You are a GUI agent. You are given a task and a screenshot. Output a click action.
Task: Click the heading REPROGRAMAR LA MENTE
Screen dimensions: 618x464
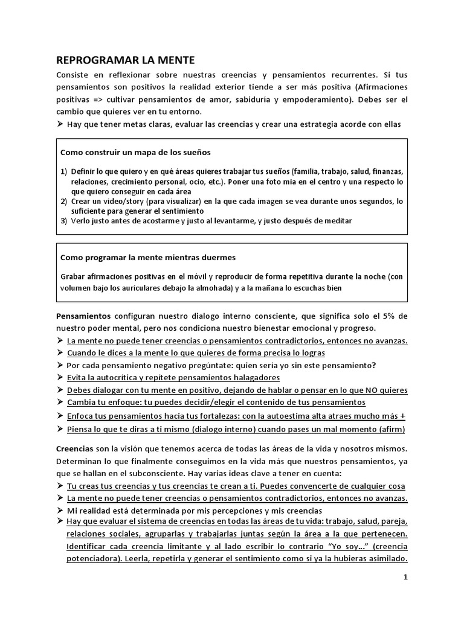(126, 60)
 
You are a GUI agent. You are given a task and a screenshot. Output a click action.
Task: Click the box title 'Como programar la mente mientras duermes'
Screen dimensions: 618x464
(148, 256)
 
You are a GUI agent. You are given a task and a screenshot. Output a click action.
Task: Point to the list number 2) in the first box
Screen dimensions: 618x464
(63, 201)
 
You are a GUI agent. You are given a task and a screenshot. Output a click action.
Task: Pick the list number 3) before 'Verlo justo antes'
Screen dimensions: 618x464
(63, 221)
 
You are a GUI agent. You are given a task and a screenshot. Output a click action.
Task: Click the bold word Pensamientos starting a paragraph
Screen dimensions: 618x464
(83, 316)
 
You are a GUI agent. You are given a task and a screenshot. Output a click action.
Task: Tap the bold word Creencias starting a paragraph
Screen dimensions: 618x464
(75, 449)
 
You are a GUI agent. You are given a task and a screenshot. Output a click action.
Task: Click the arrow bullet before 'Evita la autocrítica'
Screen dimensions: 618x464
(60, 378)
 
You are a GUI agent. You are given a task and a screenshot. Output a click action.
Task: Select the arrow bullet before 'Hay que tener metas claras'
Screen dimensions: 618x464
(60, 124)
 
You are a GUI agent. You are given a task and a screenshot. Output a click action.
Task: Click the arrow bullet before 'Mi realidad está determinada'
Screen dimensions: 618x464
(60, 510)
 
